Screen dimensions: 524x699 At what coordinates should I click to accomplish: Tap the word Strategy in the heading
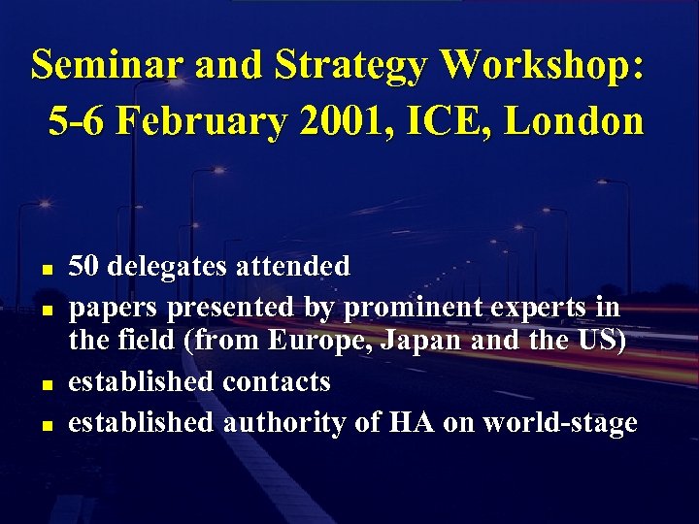353,65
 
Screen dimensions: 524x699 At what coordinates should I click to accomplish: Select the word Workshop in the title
539,65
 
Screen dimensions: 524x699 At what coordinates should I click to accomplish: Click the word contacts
277,381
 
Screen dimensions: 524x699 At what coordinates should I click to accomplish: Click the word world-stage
557,422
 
